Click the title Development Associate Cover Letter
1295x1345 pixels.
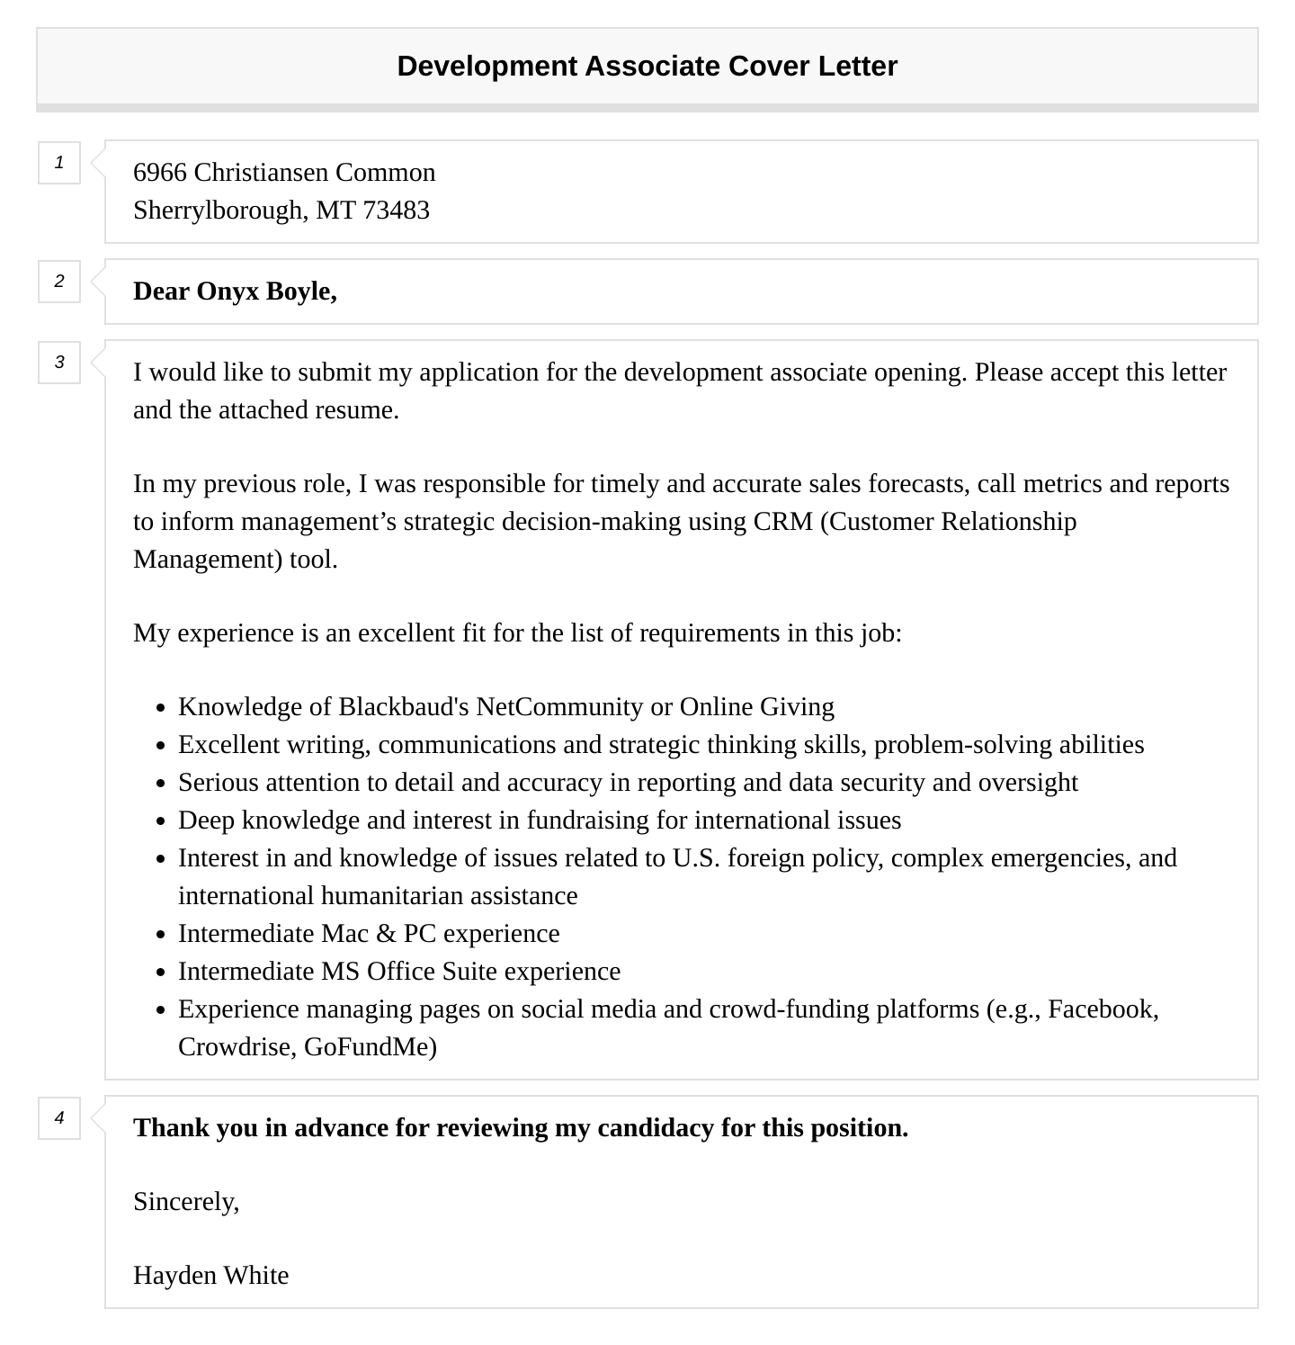[x=647, y=67]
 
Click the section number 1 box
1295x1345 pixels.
[x=59, y=163]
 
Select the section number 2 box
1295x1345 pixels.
[x=59, y=282]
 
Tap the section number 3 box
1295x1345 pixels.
[x=59, y=363]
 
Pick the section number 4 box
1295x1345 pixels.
[x=59, y=1118]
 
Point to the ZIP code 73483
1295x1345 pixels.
[x=396, y=211]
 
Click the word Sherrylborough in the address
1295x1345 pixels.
[x=219, y=211]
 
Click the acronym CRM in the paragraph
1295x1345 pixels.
[x=782, y=522]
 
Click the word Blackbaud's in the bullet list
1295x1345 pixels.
[x=403, y=707]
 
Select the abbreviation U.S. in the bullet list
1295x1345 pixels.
[x=696, y=858]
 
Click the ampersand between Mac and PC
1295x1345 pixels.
[x=386, y=934]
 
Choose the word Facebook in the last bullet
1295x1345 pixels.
[x=1102, y=1009]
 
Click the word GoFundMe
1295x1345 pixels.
[x=370, y=1047]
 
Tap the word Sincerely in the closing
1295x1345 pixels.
[x=185, y=1202]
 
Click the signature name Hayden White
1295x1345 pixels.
[x=210, y=1276]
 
